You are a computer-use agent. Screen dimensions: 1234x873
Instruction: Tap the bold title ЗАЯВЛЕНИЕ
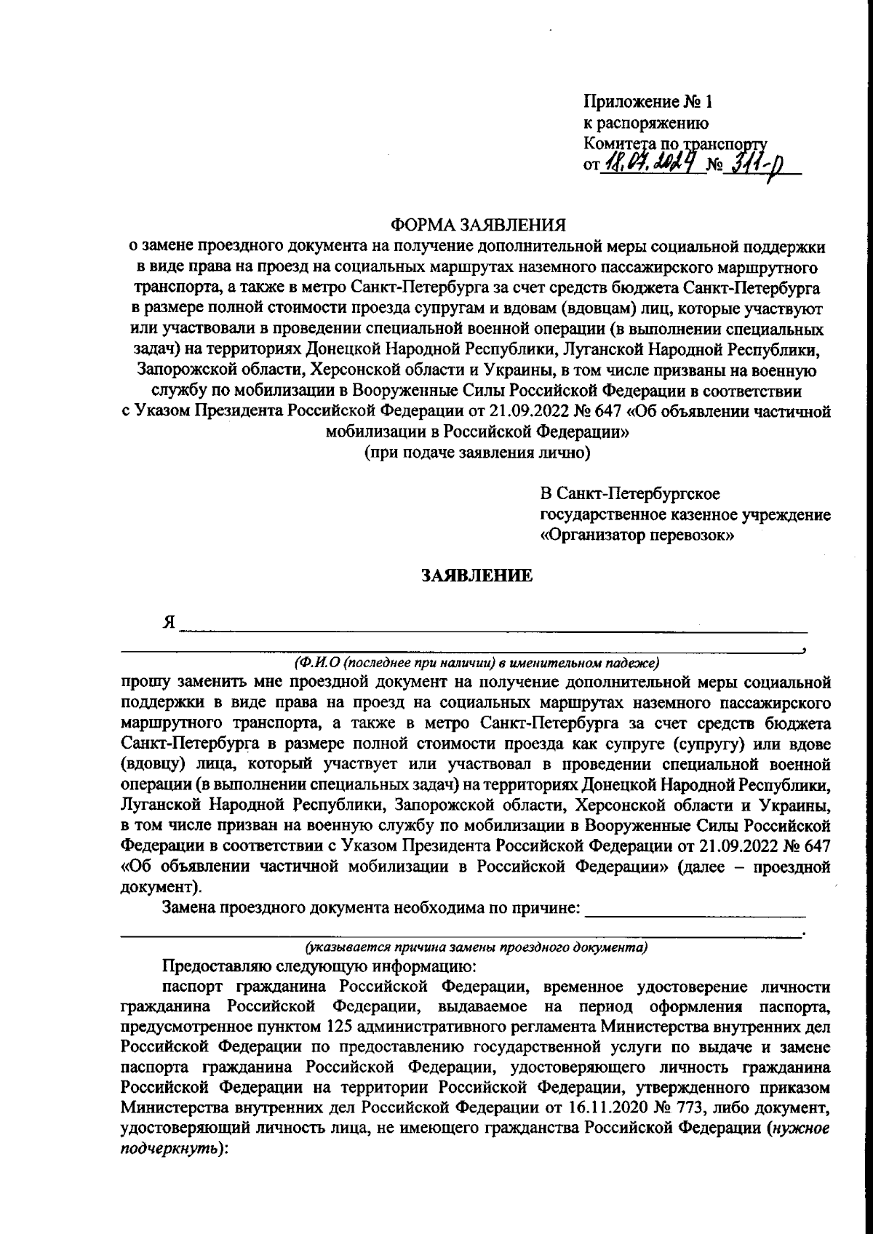pos(477,576)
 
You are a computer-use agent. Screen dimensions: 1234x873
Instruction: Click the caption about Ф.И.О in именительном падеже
pos(477,662)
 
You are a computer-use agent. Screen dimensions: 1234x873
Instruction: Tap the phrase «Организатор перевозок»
pos(637,537)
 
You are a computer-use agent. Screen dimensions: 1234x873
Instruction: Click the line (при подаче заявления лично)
pos(477,453)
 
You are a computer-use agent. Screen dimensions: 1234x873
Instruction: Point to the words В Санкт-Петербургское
pos(629,494)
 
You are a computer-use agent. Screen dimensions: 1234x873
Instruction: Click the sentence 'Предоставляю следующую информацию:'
pos(319,967)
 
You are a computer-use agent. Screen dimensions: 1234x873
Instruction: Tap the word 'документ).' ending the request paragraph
pos(159,887)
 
